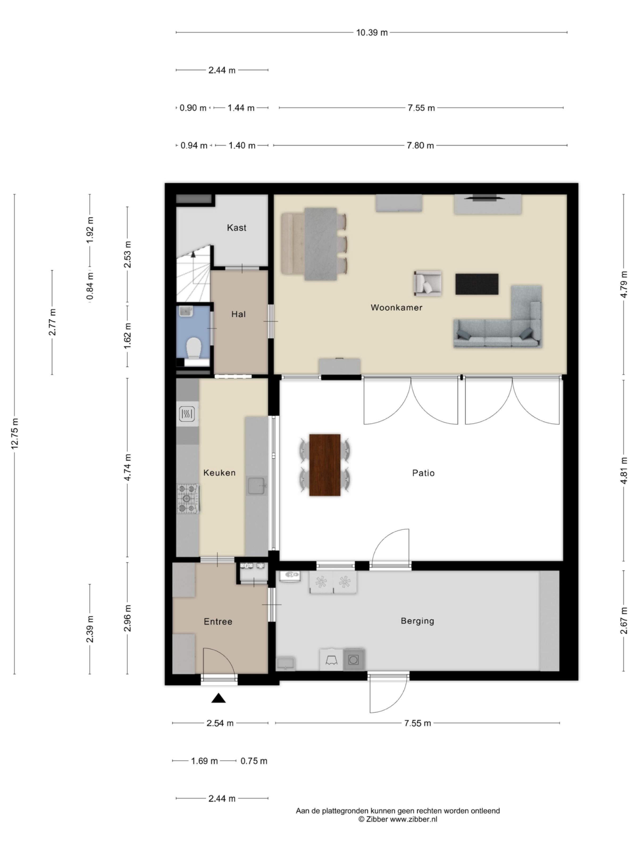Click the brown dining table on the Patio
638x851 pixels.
[325, 465]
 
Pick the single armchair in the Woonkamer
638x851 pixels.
[427, 283]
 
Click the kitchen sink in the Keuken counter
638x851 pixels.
[257, 486]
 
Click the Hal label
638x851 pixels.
[238, 314]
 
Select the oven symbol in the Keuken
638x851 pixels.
[188, 414]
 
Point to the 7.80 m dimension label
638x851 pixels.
[420, 146]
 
